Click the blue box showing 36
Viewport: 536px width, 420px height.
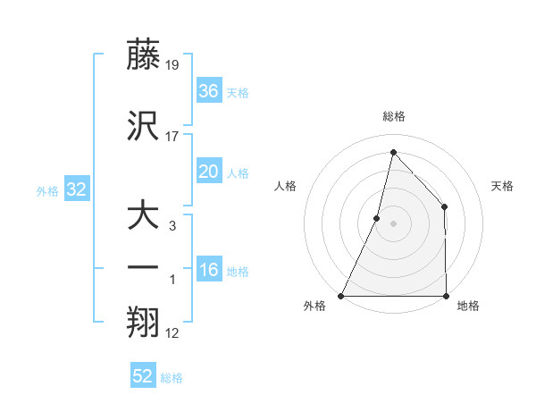(x=209, y=90)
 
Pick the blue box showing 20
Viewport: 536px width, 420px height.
(x=209, y=172)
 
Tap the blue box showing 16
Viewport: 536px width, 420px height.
(x=209, y=270)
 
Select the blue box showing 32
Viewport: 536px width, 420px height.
(x=76, y=189)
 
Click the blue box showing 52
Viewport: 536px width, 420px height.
(x=143, y=376)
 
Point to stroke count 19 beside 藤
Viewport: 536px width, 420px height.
(x=173, y=64)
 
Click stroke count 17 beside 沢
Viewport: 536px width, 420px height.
(x=173, y=137)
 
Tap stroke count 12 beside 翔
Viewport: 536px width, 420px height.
(x=173, y=334)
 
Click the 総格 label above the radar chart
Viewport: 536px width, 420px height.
(x=393, y=117)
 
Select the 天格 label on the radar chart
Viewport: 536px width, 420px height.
(x=502, y=186)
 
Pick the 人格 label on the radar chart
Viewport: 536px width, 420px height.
(x=285, y=186)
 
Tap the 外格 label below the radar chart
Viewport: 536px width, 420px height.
(x=314, y=307)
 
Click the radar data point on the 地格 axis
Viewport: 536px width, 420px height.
(x=446, y=295)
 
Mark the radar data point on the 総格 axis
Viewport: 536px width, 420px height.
(x=393, y=152)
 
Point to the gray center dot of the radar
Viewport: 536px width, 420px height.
(x=393, y=223)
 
